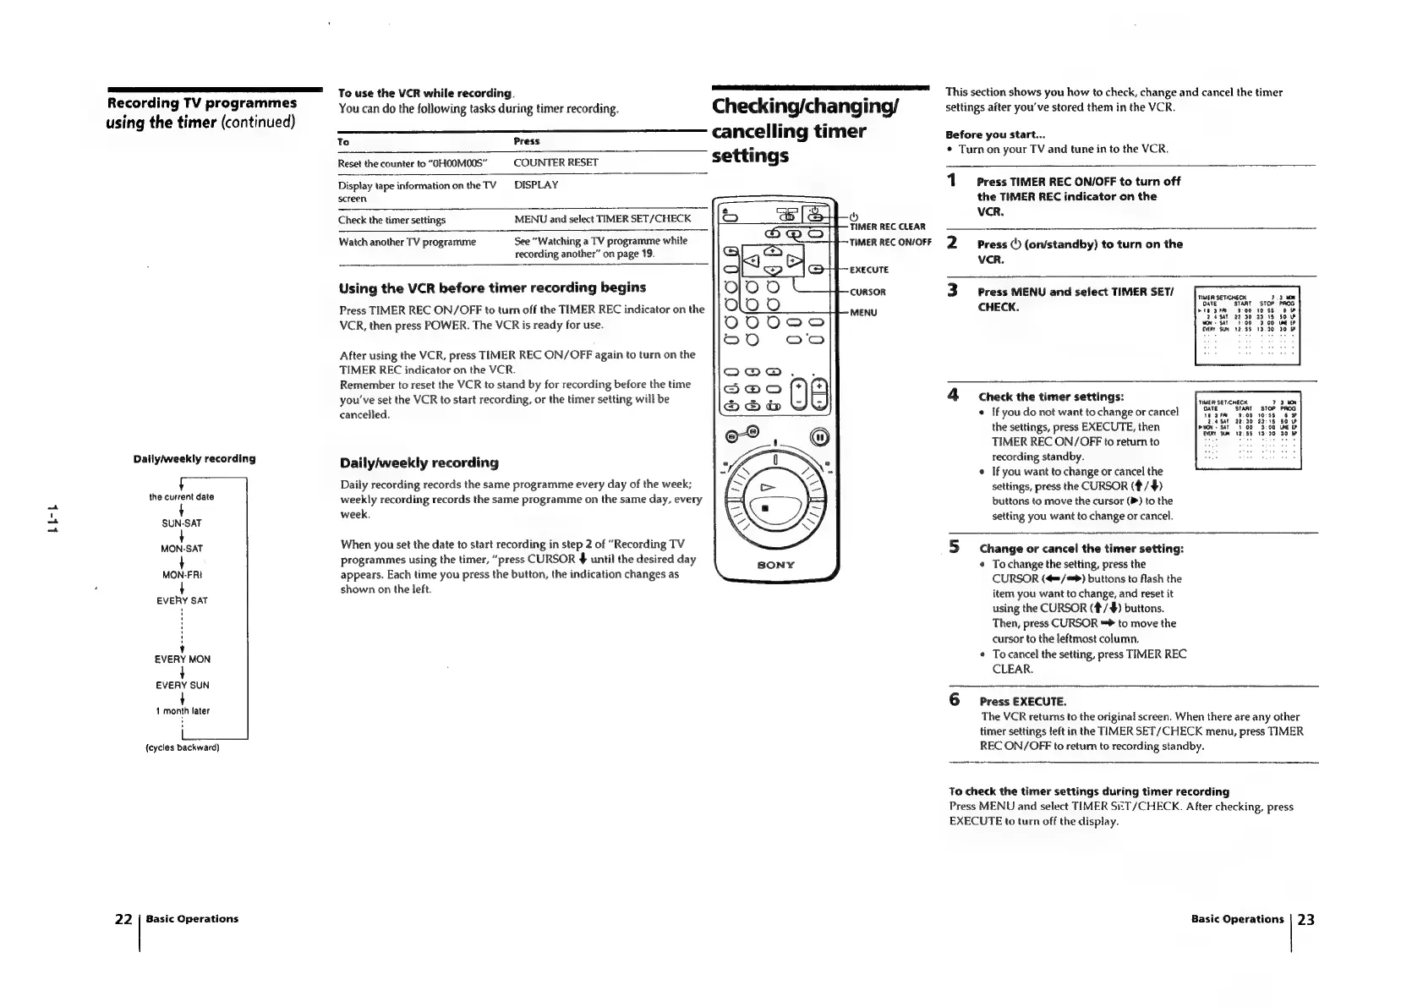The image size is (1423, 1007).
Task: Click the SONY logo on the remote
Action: tap(775, 564)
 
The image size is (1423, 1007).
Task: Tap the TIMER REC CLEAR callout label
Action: tap(887, 227)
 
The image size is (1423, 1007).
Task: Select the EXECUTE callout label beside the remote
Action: tap(868, 270)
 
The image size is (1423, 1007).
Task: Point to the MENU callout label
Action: tap(863, 313)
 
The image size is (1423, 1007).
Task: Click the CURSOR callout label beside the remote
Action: tap(867, 293)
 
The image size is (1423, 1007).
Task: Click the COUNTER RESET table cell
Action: tap(556, 162)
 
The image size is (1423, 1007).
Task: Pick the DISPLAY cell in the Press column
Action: tap(536, 184)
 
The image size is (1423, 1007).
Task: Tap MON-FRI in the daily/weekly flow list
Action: tap(182, 575)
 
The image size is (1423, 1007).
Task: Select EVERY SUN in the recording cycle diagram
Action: tap(182, 685)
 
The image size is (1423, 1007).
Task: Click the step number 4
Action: tap(953, 395)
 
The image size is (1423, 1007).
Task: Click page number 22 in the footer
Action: tap(123, 919)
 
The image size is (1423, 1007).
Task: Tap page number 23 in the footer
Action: tap(1306, 919)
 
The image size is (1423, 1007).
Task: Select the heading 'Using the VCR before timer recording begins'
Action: tap(492, 287)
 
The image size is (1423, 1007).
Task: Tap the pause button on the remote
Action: tap(818, 437)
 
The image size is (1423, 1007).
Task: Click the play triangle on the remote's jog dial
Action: tap(769, 487)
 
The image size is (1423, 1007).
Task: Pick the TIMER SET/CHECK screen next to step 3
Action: tap(1246, 325)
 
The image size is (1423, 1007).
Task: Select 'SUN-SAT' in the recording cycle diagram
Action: tap(182, 523)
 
